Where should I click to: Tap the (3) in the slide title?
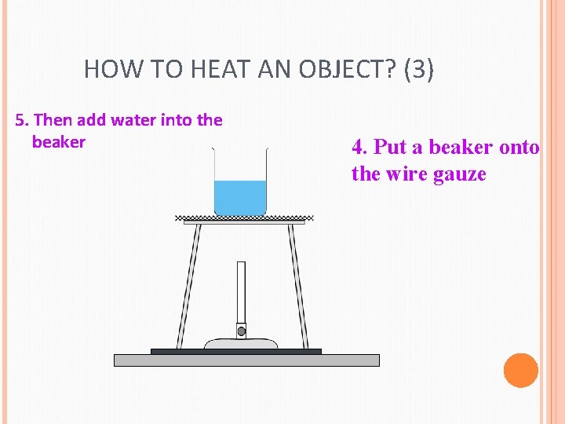(418, 70)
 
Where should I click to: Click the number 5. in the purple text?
(23, 120)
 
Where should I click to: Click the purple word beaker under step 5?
(58, 142)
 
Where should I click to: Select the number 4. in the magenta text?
(359, 147)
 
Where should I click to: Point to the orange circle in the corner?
(520, 370)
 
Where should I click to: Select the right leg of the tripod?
(296, 287)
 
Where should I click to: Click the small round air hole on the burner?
(241, 331)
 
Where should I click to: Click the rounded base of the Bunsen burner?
(241, 343)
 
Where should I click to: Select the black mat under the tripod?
(235, 351)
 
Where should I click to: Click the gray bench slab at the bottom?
(246, 360)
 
